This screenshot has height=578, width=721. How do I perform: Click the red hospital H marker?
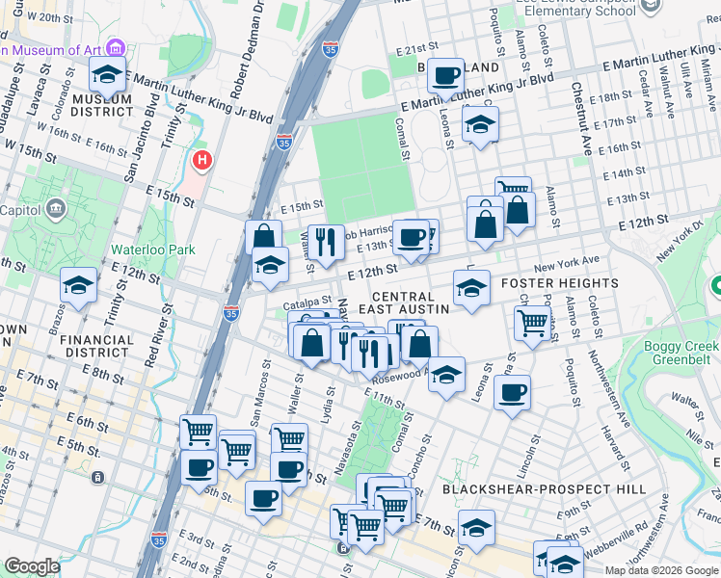pyautogui.click(x=201, y=160)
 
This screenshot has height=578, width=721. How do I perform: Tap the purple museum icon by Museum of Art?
pyautogui.click(x=116, y=48)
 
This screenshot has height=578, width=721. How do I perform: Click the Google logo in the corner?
pyautogui.click(x=32, y=566)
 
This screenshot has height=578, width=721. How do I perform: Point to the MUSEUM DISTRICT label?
pyautogui.click(x=101, y=105)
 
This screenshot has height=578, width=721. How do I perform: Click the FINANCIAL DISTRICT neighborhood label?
pyautogui.click(x=96, y=346)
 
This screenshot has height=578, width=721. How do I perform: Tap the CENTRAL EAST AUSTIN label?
pyautogui.click(x=405, y=302)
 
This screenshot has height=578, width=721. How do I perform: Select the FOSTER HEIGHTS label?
pyautogui.click(x=559, y=283)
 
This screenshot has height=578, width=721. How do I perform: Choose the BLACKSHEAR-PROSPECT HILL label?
pyautogui.click(x=544, y=489)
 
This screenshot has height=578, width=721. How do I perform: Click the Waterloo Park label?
pyautogui.click(x=152, y=250)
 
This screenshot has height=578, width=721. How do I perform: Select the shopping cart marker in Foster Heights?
pyautogui.click(x=532, y=323)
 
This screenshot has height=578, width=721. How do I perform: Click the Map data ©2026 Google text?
pyautogui.click(x=660, y=569)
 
